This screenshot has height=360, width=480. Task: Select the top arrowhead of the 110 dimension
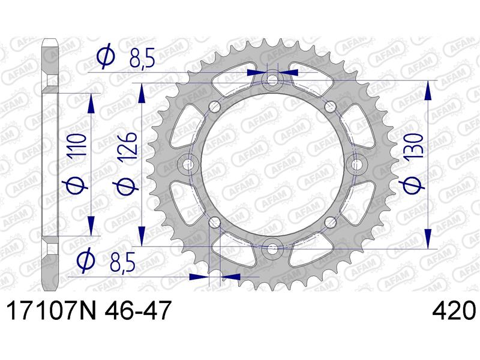91,103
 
